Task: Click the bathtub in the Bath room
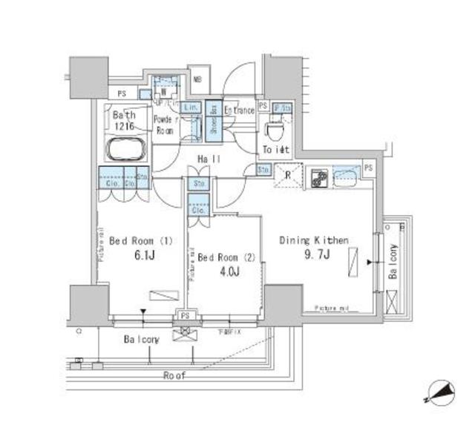click(128, 149)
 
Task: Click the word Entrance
click(239, 111)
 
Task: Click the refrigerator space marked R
click(287, 177)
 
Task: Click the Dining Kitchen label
click(314, 240)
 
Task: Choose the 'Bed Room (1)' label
click(140, 240)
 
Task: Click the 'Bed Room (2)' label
click(227, 257)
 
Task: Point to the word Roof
click(176, 375)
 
